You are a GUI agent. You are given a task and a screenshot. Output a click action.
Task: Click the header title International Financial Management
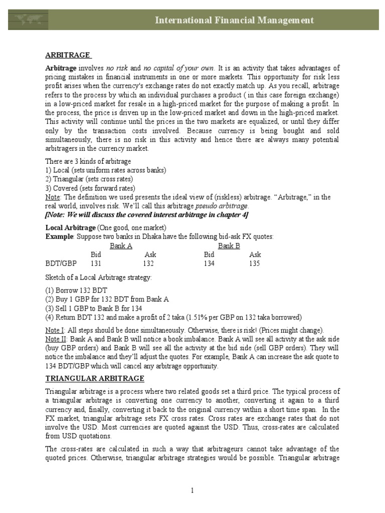pyautogui.click(x=235, y=20)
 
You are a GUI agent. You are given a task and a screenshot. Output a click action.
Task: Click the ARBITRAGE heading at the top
pyautogui.click(x=68, y=55)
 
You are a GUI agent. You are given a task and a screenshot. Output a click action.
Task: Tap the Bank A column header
pyautogui.click(x=121, y=246)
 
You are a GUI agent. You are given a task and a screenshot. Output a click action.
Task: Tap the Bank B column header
pyautogui.click(x=229, y=246)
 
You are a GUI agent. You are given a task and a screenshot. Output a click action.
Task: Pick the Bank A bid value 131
pyautogui.click(x=95, y=264)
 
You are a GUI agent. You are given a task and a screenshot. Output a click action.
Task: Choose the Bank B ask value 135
pyautogui.click(x=255, y=264)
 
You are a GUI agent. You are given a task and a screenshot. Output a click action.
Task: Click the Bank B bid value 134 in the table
pyautogui.click(x=209, y=264)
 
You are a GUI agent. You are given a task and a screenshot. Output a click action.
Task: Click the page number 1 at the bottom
pyautogui.click(x=192, y=490)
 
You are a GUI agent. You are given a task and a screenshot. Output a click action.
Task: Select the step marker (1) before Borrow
pyautogui.click(x=50, y=290)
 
